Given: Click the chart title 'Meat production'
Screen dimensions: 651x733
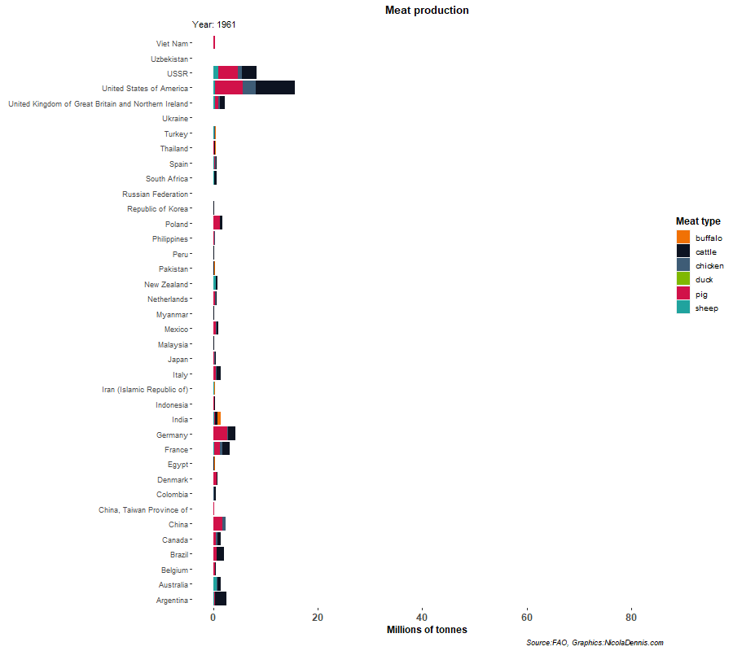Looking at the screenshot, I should [427, 11].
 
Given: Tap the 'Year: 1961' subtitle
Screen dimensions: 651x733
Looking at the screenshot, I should [214, 25].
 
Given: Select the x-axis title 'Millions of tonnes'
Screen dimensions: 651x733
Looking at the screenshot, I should [427, 630].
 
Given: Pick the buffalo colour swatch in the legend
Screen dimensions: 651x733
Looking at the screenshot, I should [683, 237].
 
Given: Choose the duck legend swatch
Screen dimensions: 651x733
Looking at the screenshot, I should [683, 279].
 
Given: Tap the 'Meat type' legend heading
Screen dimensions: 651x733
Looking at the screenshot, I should [697, 221].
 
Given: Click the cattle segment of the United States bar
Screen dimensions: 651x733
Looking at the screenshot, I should [275, 88].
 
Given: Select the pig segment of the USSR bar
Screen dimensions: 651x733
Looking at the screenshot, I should [228, 73].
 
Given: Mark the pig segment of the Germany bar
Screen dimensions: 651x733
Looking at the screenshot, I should [221, 434].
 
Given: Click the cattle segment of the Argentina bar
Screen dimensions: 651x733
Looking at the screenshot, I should [221, 599].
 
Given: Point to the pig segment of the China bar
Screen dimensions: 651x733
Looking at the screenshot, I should [217, 524].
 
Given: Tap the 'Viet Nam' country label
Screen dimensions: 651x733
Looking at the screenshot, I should [172, 44].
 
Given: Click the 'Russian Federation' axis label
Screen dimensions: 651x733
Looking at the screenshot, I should [155, 194].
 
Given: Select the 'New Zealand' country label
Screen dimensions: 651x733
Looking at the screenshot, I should [166, 285].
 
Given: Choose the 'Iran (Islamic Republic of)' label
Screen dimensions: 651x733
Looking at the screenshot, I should [145, 390].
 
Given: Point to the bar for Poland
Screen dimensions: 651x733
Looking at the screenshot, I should [217, 224].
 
